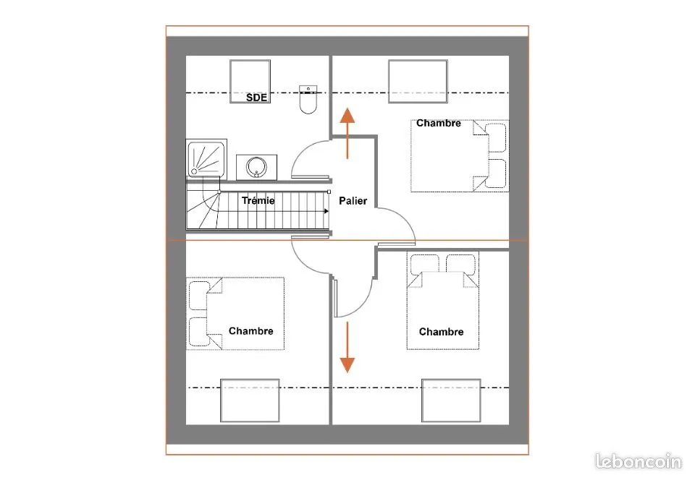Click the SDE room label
pyautogui.click(x=256, y=98)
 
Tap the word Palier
pyautogui.click(x=353, y=201)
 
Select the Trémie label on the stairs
pyautogui.click(x=258, y=200)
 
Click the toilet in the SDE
pyautogui.click(x=308, y=100)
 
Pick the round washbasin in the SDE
pyautogui.click(x=256, y=167)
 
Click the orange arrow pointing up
pyautogui.click(x=347, y=133)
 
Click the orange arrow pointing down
pyautogui.click(x=347, y=347)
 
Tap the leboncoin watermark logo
pyautogui.click(x=639, y=461)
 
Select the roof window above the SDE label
pyautogui.click(x=250, y=82)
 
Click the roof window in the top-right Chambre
pyautogui.click(x=418, y=82)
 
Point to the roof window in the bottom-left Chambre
pyautogui.click(x=250, y=400)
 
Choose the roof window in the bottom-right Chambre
pyautogui.click(x=451, y=400)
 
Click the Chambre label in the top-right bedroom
pyautogui.click(x=439, y=124)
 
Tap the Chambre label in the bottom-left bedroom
pyautogui.click(x=251, y=331)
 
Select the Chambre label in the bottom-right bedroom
pyautogui.click(x=441, y=332)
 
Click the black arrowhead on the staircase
pyautogui.click(x=327, y=211)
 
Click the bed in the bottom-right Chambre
pyautogui.click(x=443, y=301)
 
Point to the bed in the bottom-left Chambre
pyautogui.click(x=235, y=314)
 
